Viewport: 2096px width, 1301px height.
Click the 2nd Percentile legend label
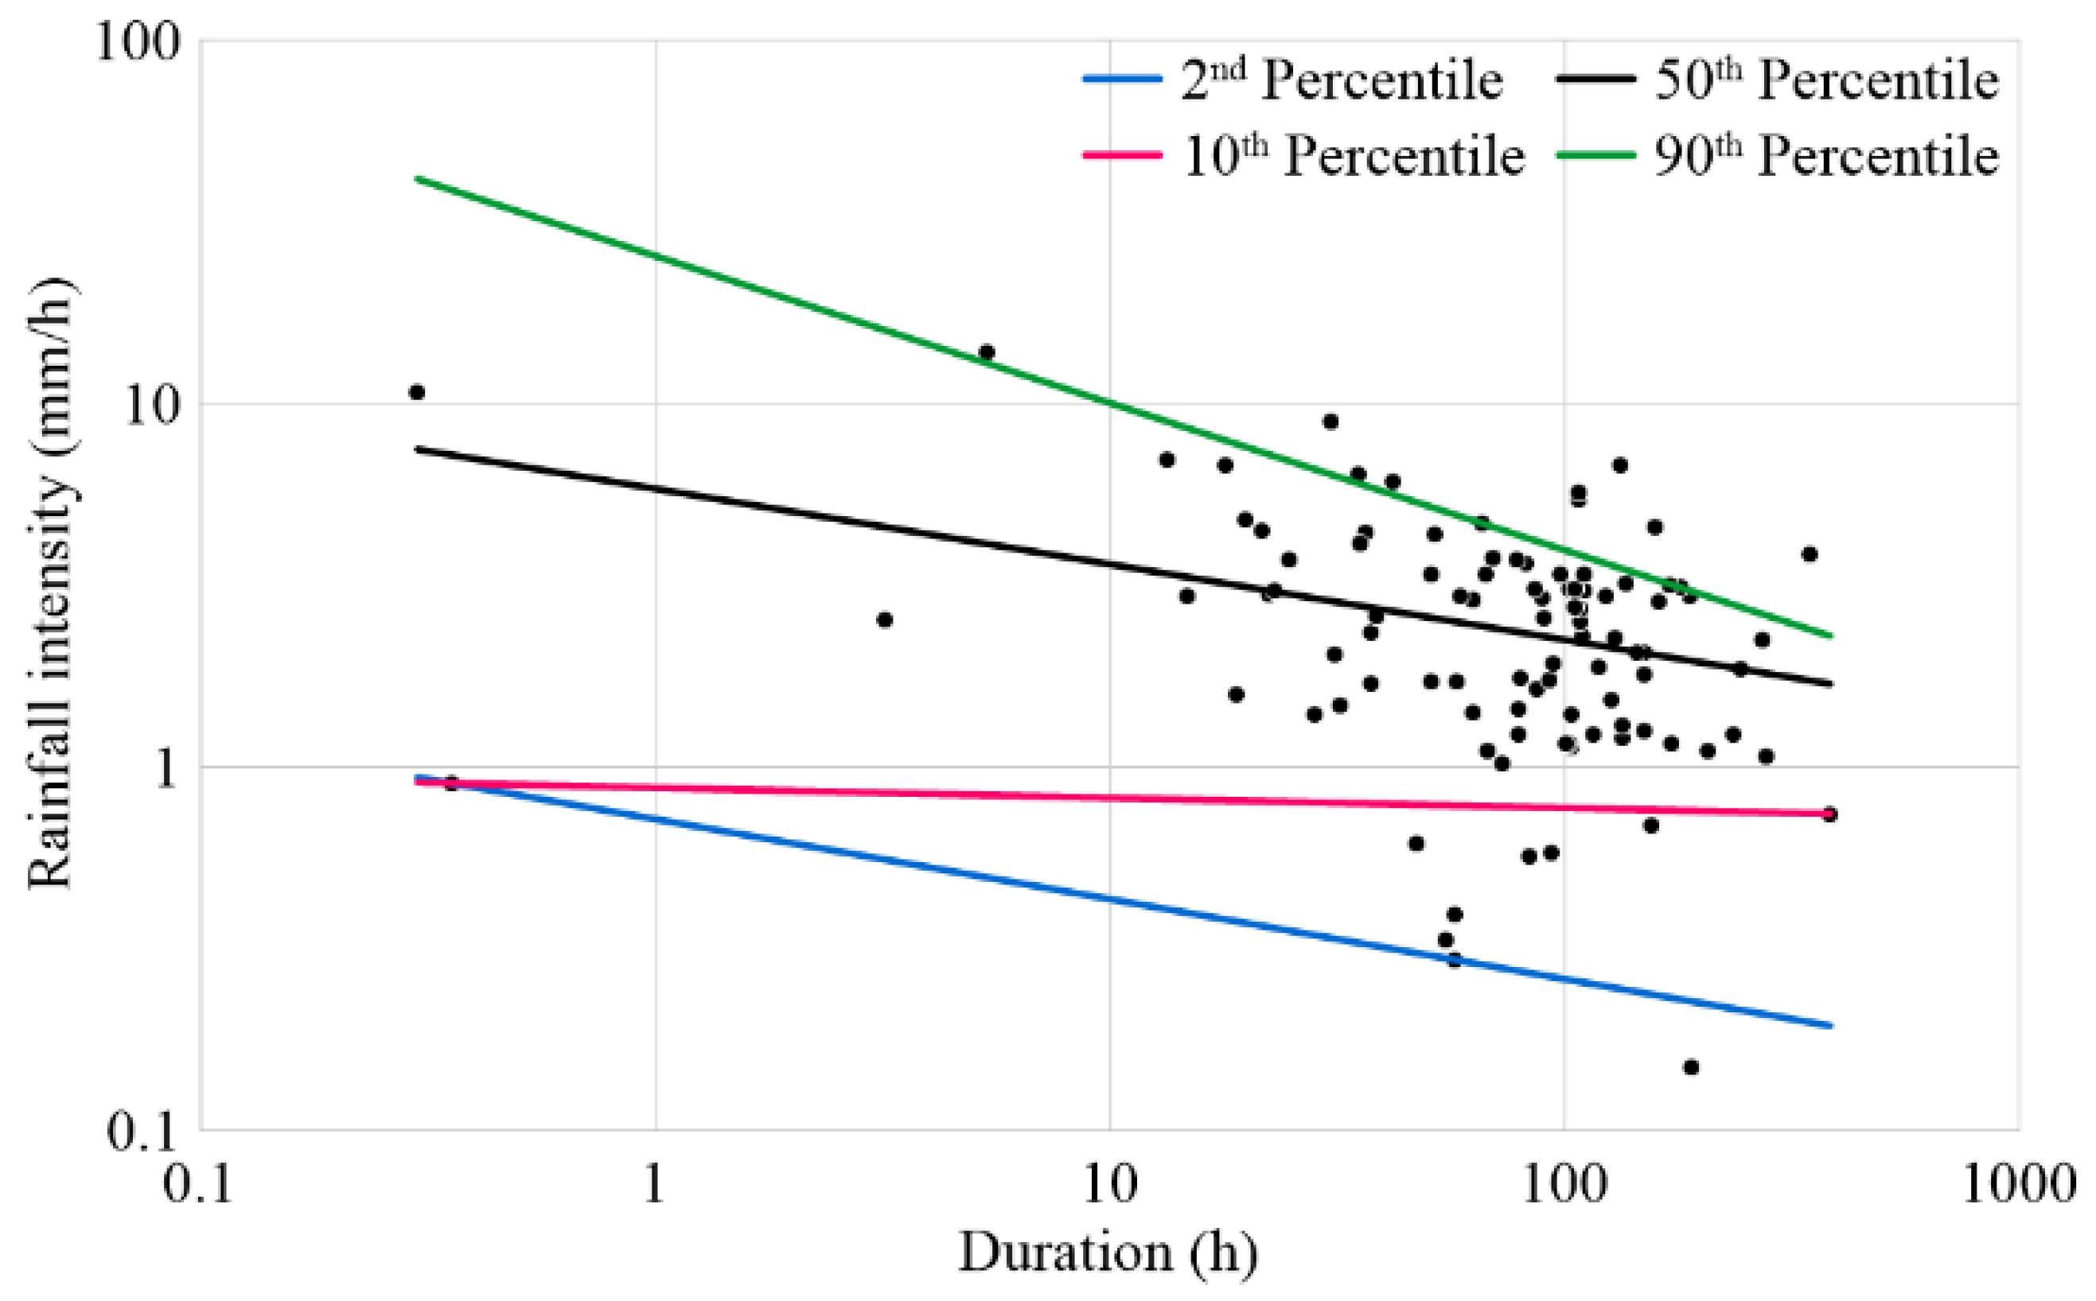[x=1341, y=81]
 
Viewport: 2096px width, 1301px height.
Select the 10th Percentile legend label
[x=1353, y=157]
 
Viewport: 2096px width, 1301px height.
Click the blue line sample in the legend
[x=1121, y=80]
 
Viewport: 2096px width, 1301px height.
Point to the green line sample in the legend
[x=1595, y=155]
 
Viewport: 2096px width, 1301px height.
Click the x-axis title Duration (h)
[x=1108, y=1253]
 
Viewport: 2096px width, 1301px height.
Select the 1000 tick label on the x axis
[x=2019, y=1186]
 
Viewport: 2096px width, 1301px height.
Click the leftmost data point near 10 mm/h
[x=417, y=392]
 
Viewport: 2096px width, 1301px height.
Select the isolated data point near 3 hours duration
[x=884, y=619]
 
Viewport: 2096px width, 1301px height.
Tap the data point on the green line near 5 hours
[x=987, y=352]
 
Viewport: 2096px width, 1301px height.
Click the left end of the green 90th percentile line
[x=418, y=178]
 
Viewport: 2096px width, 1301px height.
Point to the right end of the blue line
[x=1831, y=1026]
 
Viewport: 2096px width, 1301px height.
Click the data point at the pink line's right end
[x=1830, y=814]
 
